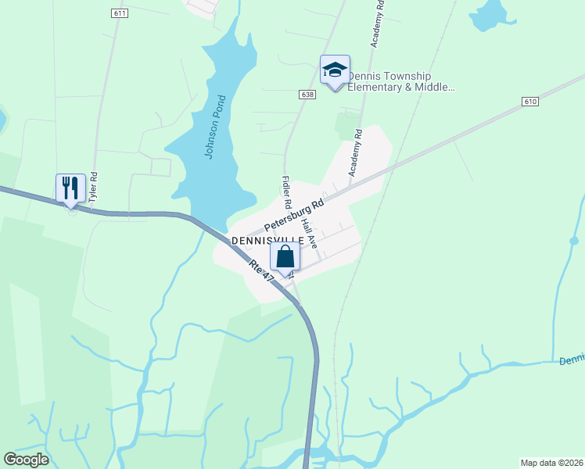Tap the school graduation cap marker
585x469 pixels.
click(x=335, y=70)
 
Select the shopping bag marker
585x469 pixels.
click(x=285, y=256)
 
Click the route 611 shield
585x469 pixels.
click(x=120, y=14)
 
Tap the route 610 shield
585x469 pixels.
click(x=531, y=102)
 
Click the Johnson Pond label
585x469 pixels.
click(x=214, y=127)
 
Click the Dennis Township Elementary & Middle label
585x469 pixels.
click(x=400, y=81)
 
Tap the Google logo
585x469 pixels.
click(x=26, y=460)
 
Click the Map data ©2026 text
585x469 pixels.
click(x=551, y=463)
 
